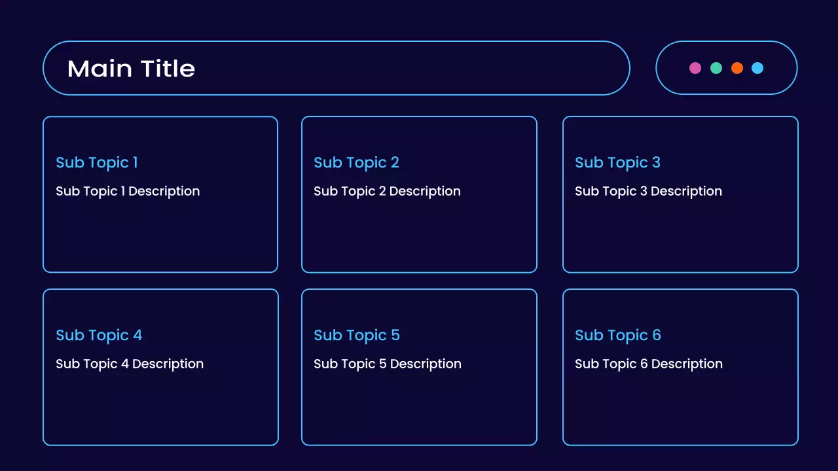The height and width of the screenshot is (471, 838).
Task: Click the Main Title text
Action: pos(131,69)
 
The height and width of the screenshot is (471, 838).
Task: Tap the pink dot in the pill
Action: pos(695,68)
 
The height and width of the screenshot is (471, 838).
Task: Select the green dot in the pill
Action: pos(716,68)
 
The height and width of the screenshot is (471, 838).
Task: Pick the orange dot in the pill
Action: pos(737,68)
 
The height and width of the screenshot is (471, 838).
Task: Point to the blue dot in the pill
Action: pos(757,68)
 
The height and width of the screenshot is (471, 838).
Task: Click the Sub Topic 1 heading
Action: pos(97,163)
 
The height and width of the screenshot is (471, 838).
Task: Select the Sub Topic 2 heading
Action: pos(356,163)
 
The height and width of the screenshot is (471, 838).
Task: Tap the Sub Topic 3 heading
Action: pos(617,163)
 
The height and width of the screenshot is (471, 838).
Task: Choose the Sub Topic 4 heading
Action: pos(99,336)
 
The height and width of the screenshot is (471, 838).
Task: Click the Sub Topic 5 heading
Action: pos(357,336)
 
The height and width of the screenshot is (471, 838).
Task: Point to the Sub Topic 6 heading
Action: pos(618,336)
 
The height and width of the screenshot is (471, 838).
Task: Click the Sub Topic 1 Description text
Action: pos(128,192)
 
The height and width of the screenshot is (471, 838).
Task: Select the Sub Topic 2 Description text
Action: pos(387,192)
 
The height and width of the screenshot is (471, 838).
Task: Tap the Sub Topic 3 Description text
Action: pos(648,192)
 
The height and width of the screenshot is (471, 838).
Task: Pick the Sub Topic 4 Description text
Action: pos(130,364)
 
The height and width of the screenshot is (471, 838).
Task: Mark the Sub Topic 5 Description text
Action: pos(388,364)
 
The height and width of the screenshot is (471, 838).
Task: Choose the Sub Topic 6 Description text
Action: pos(649,364)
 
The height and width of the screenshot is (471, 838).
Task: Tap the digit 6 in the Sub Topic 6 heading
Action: pos(657,336)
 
